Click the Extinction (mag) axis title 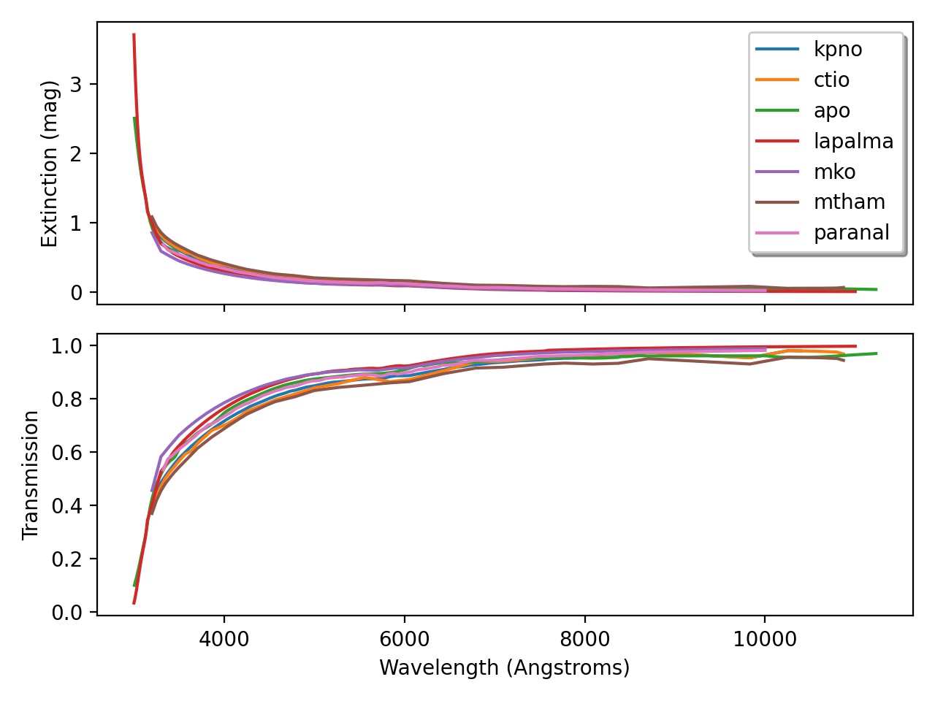tap(49, 163)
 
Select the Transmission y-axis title tap(31, 475)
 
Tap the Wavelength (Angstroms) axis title tap(504, 667)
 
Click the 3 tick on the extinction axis tap(76, 84)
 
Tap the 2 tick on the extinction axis tap(76, 153)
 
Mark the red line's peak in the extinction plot tap(134, 34)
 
